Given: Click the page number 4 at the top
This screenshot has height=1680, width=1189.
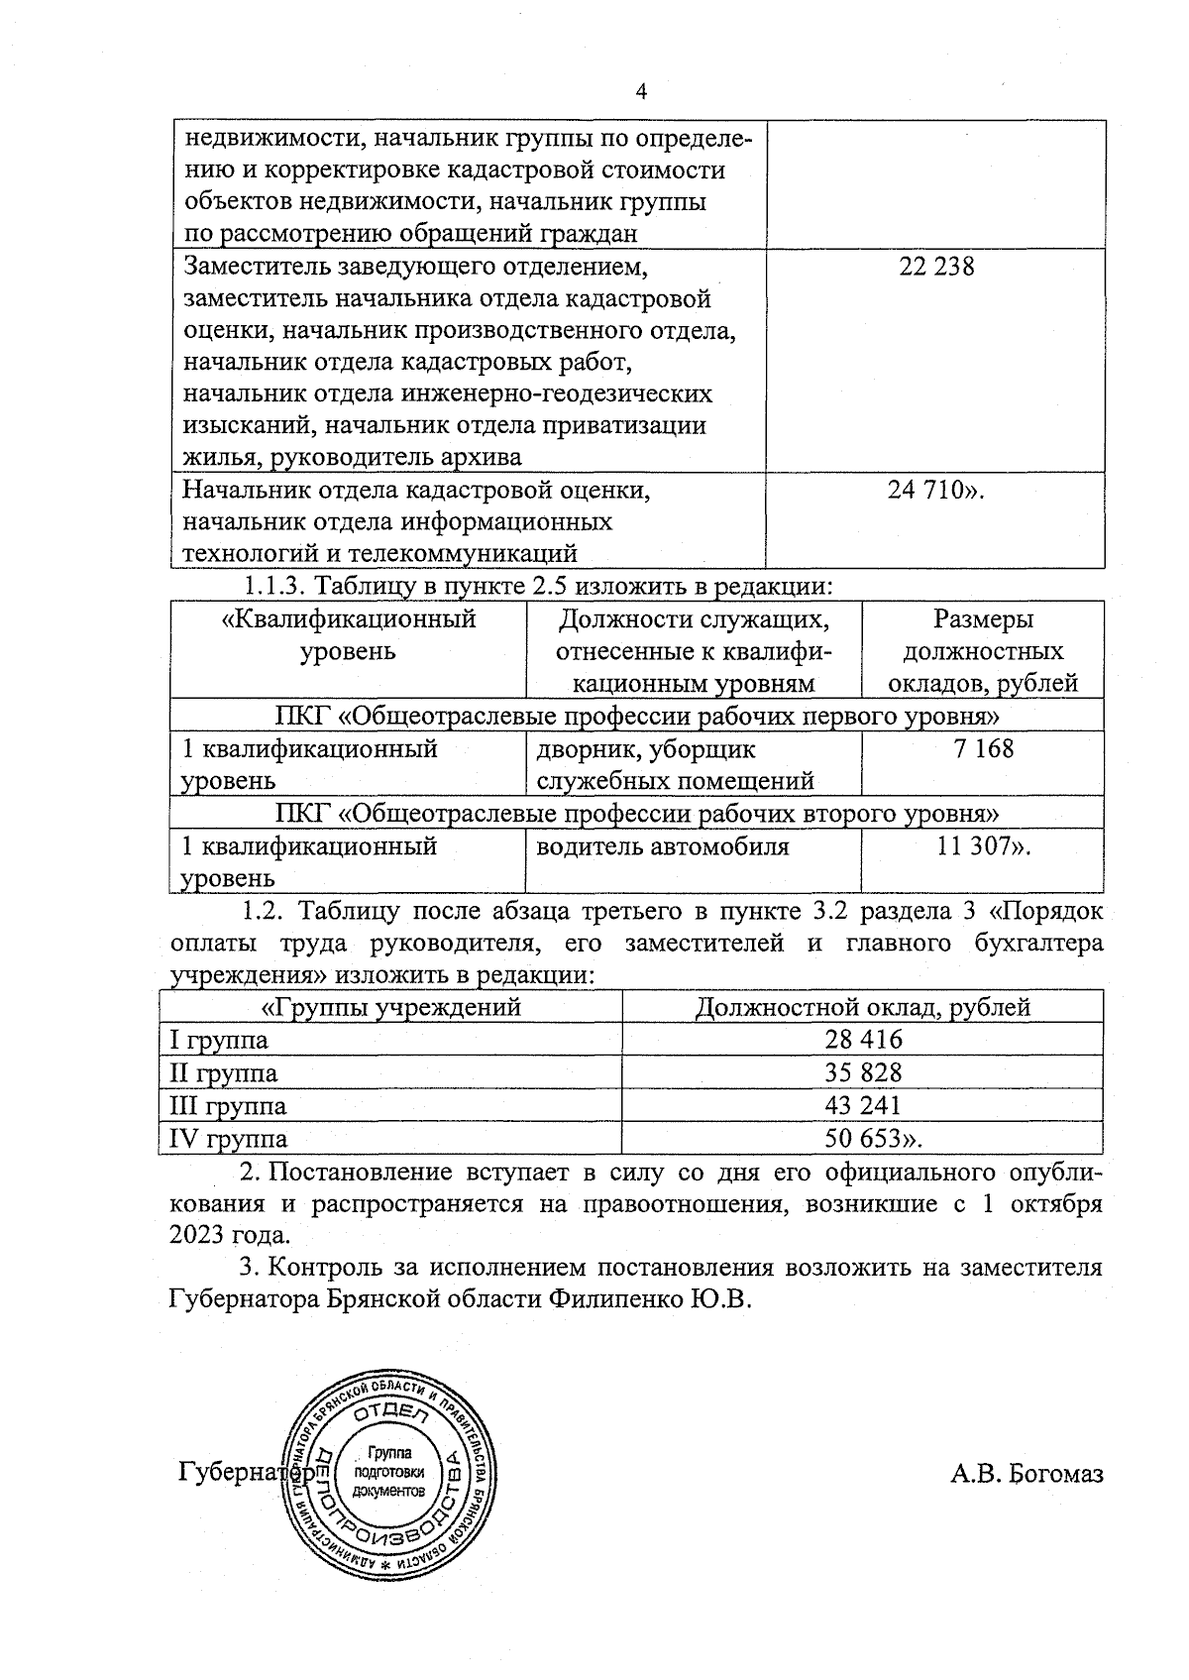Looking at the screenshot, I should tap(640, 92).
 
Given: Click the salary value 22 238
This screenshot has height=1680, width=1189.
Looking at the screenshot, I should tap(936, 267).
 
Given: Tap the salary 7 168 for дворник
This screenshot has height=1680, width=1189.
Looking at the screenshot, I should tap(983, 748).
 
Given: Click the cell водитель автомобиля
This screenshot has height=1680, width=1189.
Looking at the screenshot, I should tap(663, 846).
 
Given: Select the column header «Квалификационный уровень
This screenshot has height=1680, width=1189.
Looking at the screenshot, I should tap(348, 635).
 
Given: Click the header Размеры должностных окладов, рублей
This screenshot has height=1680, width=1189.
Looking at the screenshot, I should tap(983, 651).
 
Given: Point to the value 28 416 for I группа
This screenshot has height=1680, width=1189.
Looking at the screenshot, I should tap(863, 1040).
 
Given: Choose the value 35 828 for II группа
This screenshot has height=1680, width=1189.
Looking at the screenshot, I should tap(863, 1072).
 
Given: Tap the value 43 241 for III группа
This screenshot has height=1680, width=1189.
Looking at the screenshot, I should tap(863, 1105).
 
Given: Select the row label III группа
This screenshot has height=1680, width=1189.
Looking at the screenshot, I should tap(229, 1105).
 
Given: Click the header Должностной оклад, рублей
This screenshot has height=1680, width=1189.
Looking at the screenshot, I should tap(862, 1008).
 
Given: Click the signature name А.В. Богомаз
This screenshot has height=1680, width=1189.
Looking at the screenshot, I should tap(1027, 1474).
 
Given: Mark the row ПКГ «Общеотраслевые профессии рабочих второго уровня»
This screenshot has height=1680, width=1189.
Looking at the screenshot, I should tap(636, 814).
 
